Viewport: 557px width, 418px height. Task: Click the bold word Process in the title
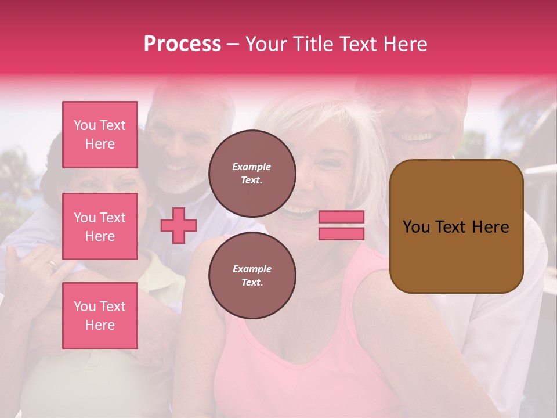(x=182, y=44)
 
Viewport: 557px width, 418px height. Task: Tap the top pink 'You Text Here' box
(x=100, y=135)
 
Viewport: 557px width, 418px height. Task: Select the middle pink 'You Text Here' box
(x=100, y=226)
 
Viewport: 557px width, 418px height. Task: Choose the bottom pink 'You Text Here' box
(x=100, y=316)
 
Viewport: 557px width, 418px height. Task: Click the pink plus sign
(x=179, y=225)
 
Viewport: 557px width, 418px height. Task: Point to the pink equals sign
(x=341, y=225)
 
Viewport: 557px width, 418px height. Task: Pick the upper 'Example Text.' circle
(x=252, y=174)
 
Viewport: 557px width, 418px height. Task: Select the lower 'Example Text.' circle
(x=252, y=276)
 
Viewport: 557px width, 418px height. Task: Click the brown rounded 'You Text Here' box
(x=456, y=226)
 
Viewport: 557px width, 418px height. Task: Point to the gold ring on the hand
(x=52, y=265)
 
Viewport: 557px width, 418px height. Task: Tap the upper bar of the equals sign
(x=341, y=217)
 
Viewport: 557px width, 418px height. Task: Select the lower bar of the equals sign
(x=341, y=233)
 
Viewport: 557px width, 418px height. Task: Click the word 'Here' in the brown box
(x=490, y=227)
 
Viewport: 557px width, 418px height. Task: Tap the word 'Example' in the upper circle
(x=252, y=167)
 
